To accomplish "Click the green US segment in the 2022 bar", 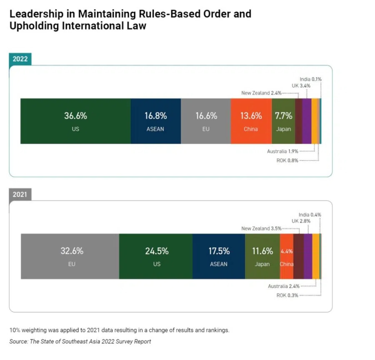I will [x=75, y=121].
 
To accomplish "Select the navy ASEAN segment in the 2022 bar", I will [x=156, y=121].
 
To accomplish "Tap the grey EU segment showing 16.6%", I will [x=206, y=121].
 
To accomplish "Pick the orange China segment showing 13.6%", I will [x=251, y=121].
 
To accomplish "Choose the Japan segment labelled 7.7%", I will [x=283, y=121].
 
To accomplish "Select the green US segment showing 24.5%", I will [x=156, y=256].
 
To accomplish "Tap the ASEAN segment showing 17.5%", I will [x=219, y=256].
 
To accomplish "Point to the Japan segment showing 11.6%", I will [x=262, y=256].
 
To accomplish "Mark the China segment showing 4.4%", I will [x=287, y=256].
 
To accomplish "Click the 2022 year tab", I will [x=20, y=59].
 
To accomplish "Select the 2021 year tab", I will [x=20, y=194].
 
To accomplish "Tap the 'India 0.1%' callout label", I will [x=310, y=79].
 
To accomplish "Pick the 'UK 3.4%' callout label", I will [x=301, y=86].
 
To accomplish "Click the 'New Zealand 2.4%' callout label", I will [x=261, y=93].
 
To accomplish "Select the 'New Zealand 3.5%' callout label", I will [x=261, y=228].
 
